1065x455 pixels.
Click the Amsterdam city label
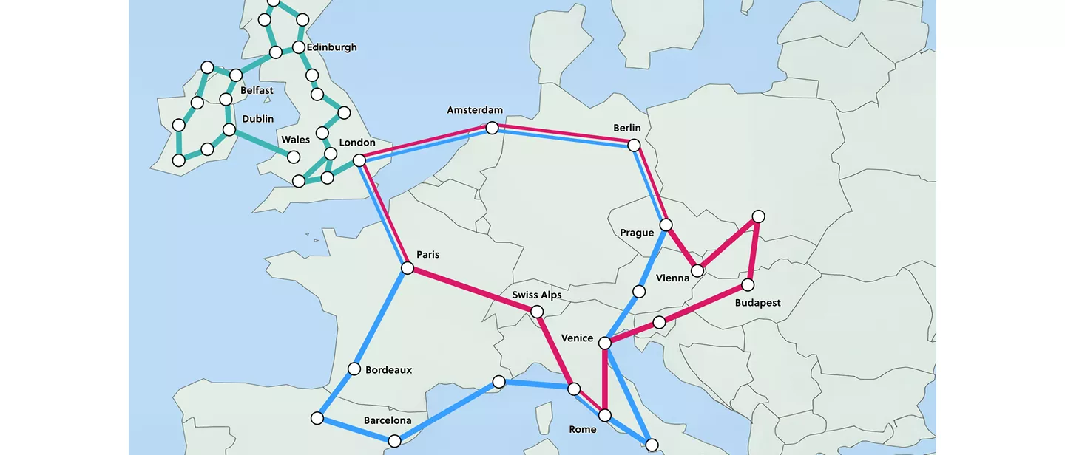point(474,110)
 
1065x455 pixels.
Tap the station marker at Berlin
point(634,145)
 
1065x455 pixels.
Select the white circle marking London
point(359,160)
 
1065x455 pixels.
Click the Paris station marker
point(407,268)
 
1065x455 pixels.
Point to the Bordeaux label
point(388,370)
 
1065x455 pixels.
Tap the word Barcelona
point(387,420)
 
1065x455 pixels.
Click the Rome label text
point(583,429)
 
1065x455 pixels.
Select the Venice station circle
point(605,343)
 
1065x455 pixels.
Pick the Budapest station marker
point(748,284)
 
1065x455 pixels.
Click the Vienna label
point(672,278)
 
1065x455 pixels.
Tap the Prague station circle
point(666,225)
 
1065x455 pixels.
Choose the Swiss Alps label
point(536,295)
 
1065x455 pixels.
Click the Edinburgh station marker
point(299,47)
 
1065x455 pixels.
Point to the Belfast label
point(257,90)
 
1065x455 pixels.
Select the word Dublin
point(257,119)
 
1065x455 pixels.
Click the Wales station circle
point(294,157)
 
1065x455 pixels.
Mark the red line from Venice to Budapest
point(703,304)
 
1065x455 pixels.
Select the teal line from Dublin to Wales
point(261,143)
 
